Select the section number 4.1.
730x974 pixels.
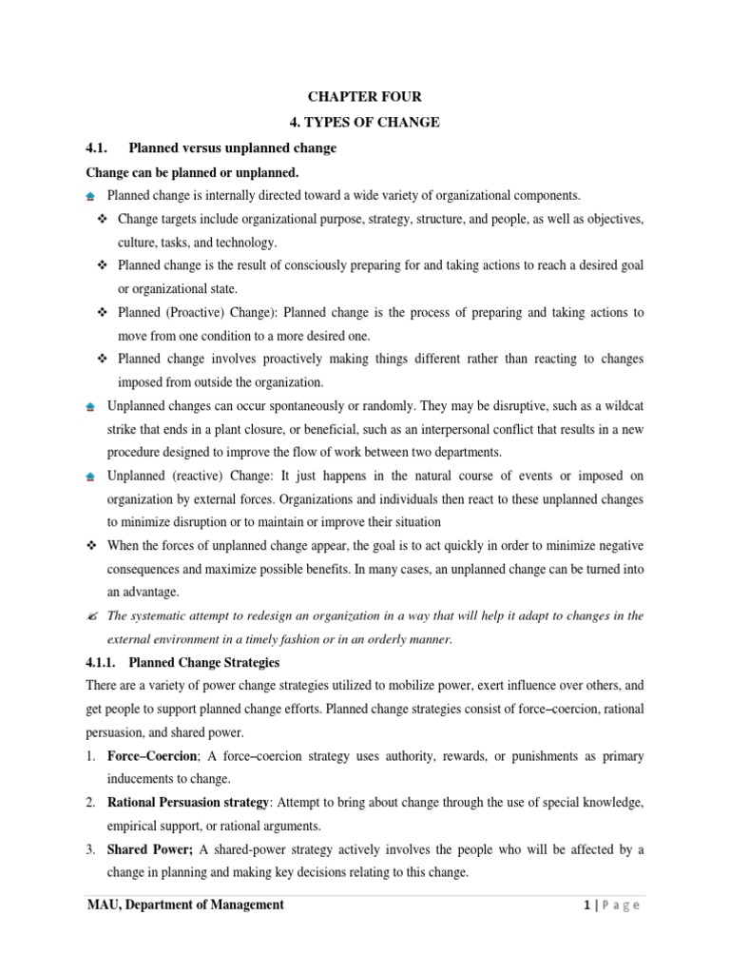click(x=98, y=149)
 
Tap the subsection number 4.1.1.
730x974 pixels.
click(x=101, y=662)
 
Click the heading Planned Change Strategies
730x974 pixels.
click(x=203, y=662)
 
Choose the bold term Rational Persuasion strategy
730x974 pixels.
click(x=188, y=804)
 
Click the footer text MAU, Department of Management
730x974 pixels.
click(x=185, y=905)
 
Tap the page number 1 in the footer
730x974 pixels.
click(x=588, y=906)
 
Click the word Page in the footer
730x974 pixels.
click(x=622, y=906)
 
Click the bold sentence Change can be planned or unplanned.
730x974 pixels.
click(x=192, y=173)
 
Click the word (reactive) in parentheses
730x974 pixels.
click(x=202, y=476)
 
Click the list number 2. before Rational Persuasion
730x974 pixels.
click(x=90, y=804)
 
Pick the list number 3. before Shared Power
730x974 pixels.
click(x=90, y=849)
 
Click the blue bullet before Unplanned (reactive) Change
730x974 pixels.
click(x=90, y=477)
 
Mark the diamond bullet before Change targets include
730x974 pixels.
click(x=104, y=220)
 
